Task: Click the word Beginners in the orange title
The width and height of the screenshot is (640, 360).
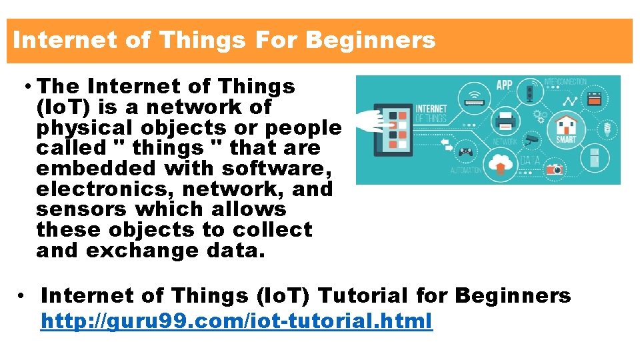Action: click(370, 41)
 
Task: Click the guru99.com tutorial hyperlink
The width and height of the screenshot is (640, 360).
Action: click(236, 321)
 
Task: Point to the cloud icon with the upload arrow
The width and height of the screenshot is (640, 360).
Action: click(499, 162)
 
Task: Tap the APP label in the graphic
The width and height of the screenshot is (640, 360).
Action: click(505, 85)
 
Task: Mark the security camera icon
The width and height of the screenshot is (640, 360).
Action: click(531, 139)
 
